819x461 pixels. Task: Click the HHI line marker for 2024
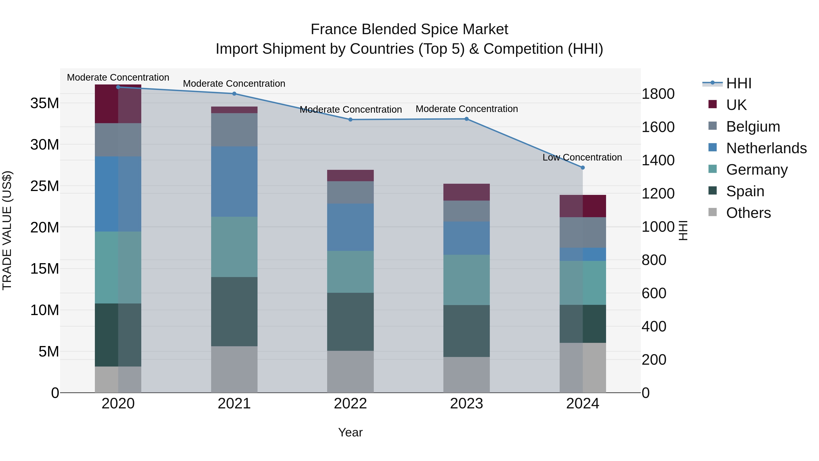coord(582,167)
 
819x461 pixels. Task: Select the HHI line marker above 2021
coord(234,94)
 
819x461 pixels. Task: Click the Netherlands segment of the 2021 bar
coord(234,181)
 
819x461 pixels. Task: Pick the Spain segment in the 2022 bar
coord(350,322)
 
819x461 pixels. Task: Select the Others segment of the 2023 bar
coord(466,374)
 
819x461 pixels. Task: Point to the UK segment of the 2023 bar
coord(466,192)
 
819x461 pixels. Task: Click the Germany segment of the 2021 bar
coord(234,247)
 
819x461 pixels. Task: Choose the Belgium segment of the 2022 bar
coord(350,192)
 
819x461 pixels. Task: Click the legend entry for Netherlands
coord(766,148)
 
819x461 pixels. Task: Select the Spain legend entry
coord(745,191)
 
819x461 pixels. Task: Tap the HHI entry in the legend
coord(738,83)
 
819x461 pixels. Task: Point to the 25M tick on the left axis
coord(45,186)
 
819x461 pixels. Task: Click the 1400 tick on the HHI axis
coord(658,160)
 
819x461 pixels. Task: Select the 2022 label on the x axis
coord(350,403)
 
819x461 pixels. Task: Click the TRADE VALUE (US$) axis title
coord(7,230)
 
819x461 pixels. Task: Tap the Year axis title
coord(350,432)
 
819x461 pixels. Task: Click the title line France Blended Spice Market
coord(409,29)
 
